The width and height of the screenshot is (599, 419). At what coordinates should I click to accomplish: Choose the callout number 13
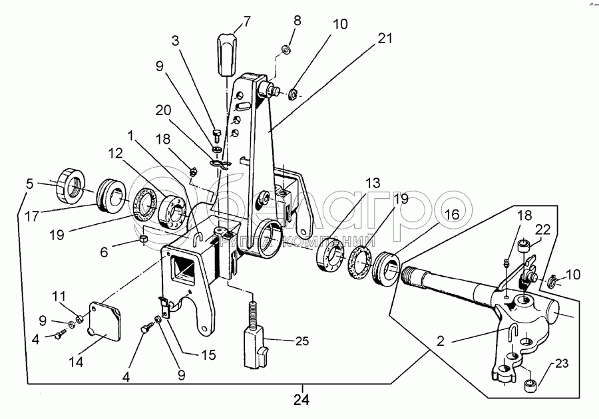[x=372, y=183]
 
